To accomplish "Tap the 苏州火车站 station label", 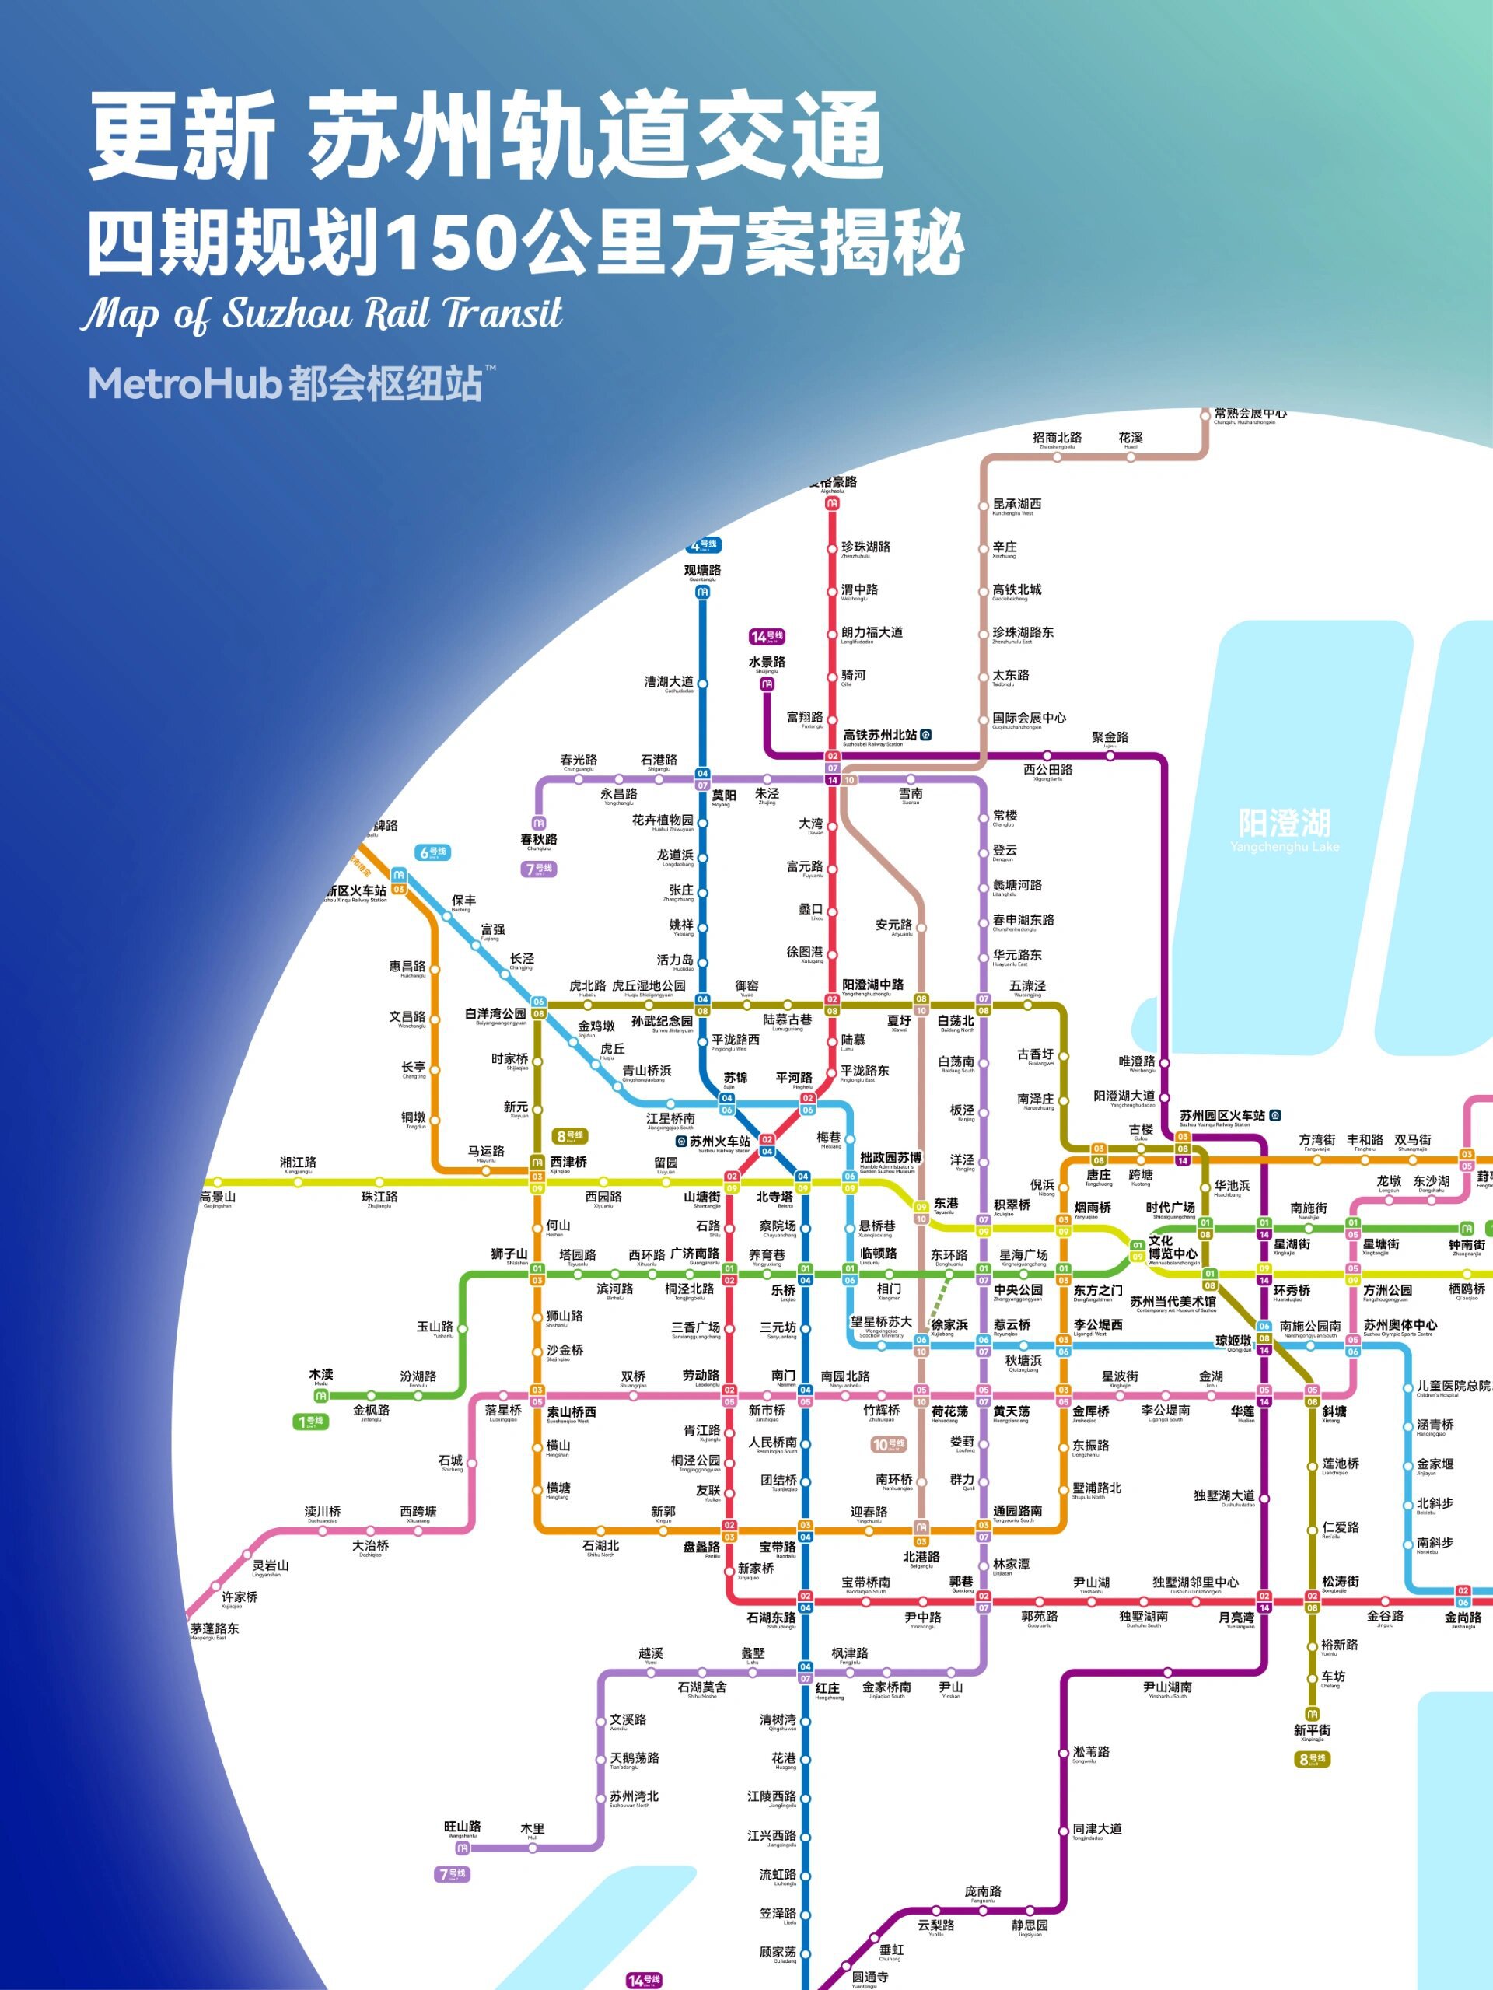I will click(719, 1142).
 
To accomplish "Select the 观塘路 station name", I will click(702, 570).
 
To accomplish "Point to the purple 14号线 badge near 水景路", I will click(767, 637).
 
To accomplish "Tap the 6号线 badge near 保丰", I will click(432, 852).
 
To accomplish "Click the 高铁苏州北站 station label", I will click(879, 735).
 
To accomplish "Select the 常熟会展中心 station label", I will click(1250, 414).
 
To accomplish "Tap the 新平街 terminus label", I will click(1313, 1731).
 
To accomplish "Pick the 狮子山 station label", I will click(509, 1254).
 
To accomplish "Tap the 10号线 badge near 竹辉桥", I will click(889, 1445).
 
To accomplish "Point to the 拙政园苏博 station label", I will click(890, 1158).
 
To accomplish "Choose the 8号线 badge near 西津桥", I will click(570, 1136).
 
